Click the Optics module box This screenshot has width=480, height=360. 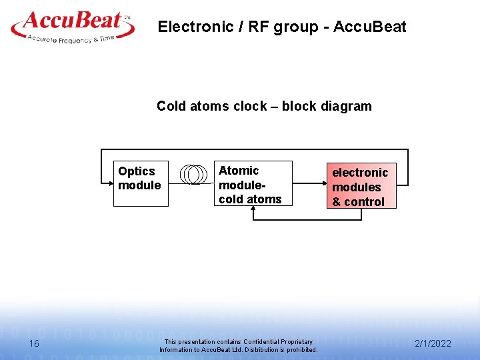point(140,183)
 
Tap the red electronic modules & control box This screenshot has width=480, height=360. point(360,186)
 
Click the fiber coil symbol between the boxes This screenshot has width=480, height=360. point(193,173)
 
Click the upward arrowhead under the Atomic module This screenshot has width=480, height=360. point(253,209)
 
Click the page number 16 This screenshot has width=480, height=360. point(35,343)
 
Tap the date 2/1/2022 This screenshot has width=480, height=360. point(433,343)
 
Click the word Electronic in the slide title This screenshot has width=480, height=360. point(187,27)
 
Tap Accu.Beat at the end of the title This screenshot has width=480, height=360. point(369,27)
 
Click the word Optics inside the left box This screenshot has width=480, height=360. point(136,171)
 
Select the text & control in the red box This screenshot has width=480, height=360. point(359,201)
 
